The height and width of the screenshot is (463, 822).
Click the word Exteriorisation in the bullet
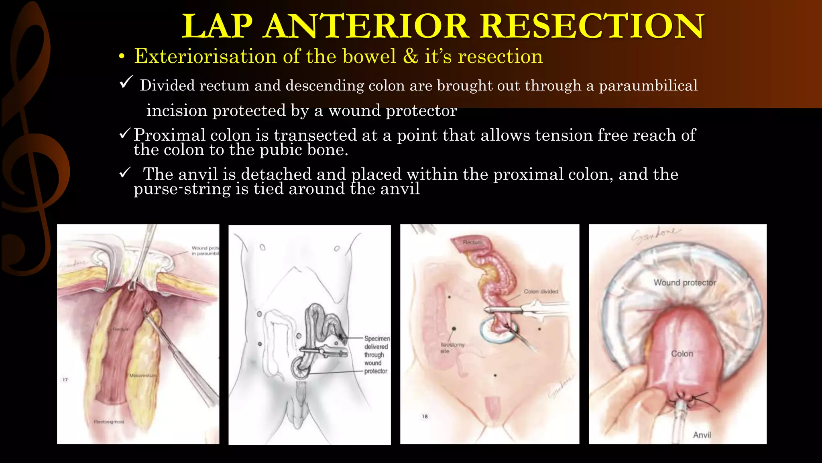click(x=205, y=56)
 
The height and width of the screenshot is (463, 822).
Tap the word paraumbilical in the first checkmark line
click(x=648, y=86)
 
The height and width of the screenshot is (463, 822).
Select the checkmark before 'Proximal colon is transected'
click(x=125, y=133)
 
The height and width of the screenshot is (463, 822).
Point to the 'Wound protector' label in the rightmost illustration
click(x=684, y=283)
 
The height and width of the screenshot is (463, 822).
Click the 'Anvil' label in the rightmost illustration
click(x=702, y=435)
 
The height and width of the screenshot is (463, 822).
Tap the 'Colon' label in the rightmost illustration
click(x=682, y=354)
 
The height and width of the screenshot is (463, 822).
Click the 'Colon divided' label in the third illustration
click(x=541, y=291)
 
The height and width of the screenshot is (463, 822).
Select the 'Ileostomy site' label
click(x=452, y=348)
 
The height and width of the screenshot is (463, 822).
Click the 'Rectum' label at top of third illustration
click(x=472, y=242)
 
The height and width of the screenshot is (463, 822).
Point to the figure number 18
click(x=425, y=417)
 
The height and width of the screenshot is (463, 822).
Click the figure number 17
click(x=65, y=379)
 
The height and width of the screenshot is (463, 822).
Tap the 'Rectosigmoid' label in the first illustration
click(x=109, y=422)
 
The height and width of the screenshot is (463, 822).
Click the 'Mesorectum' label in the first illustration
click(x=143, y=375)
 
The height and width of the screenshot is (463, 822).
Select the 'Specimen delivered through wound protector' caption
click(x=376, y=354)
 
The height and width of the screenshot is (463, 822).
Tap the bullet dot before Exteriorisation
click(x=122, y=57)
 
